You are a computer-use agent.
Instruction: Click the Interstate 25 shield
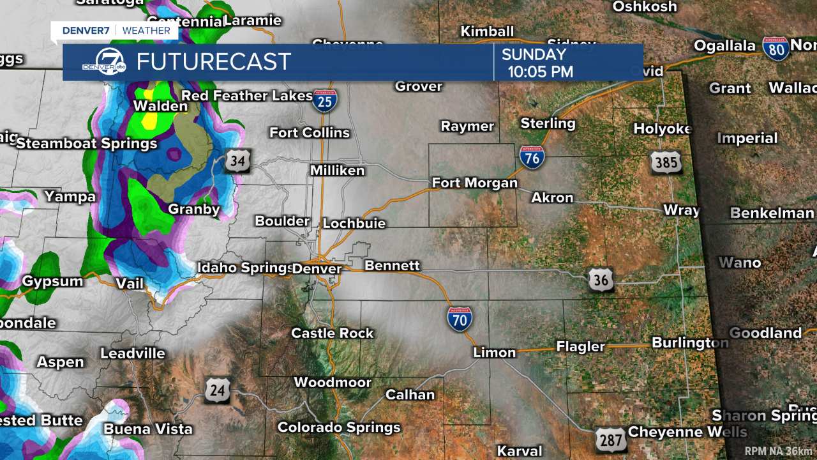pos(325,101)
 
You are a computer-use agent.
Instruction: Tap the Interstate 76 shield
pos(532,157)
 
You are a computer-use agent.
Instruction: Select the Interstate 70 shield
pos(460,318)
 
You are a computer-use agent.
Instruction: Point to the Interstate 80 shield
pos(776,49)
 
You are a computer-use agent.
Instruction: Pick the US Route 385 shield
pos(666,162)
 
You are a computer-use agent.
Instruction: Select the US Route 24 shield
pos(218,390)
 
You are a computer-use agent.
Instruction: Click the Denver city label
pos(317,269)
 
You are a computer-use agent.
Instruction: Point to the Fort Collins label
pos(310,133)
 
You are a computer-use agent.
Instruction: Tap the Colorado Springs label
pos(339,427)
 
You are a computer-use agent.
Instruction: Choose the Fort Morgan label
pos(475,183)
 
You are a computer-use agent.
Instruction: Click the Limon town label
pos(494,353)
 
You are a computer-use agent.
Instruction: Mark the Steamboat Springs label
pos(87,144)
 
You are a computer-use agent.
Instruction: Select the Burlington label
pos(689,343)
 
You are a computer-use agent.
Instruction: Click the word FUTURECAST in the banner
pos(214,62)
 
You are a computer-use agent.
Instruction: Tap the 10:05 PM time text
pos(540,72)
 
